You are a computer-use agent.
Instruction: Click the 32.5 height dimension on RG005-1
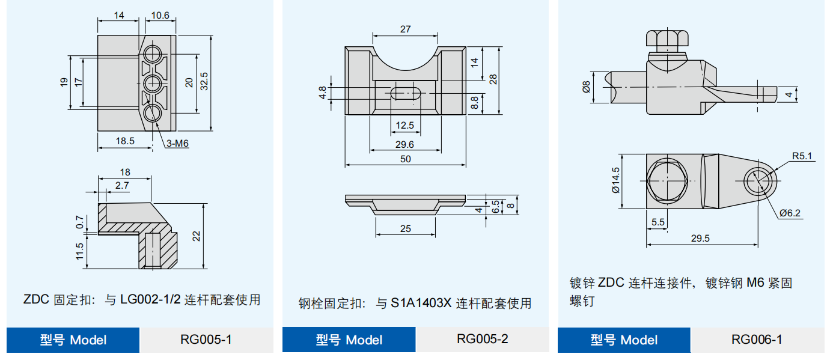coord(204,82)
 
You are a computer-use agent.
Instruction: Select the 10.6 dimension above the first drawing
coord(160,16)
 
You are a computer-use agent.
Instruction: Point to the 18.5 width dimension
coord(124,141)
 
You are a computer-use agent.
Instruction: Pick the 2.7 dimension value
coord(122,186)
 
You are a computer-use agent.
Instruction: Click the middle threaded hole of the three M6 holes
coord(153,82)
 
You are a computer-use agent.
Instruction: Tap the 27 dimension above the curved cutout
coord(405,29)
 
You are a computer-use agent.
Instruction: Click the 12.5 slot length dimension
coord(405,126)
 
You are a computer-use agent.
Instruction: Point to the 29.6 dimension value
coord(405,144)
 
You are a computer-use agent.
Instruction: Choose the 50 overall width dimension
coord(406,159)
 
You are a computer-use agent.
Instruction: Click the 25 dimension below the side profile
coord(405,228)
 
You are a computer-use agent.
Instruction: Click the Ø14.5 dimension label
coord(615,180)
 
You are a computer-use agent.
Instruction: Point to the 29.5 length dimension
coord(700,238)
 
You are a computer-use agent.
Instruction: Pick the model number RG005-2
coord(482,339)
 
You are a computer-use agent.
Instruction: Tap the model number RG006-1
coord(757,340)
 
